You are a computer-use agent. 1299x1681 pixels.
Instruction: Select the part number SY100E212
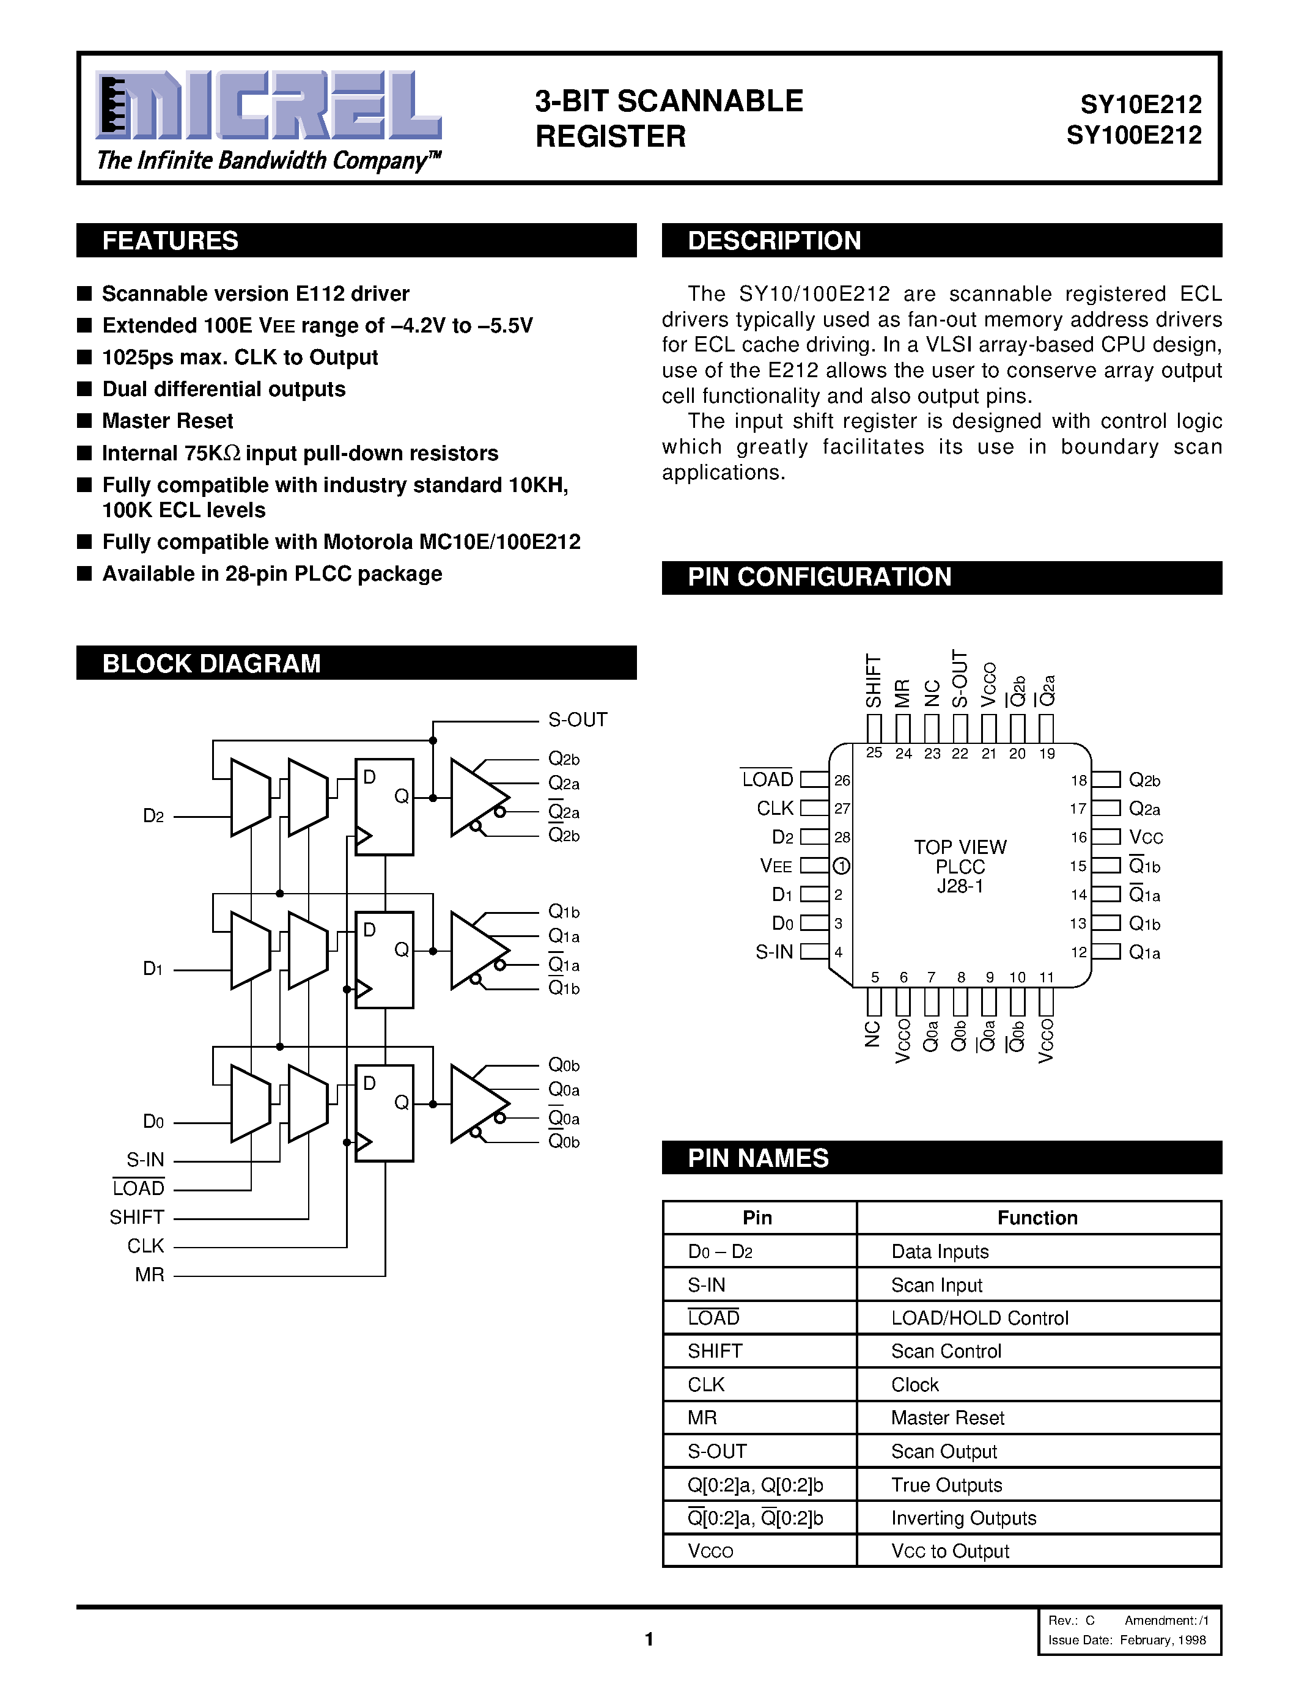1133,136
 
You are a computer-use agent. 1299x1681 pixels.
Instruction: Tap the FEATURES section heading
170,241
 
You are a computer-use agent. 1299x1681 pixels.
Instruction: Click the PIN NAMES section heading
758,1158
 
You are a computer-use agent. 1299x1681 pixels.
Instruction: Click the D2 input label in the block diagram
153,816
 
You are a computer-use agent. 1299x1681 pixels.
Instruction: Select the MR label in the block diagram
149,1275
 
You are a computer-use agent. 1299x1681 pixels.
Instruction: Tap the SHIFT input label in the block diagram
137,1217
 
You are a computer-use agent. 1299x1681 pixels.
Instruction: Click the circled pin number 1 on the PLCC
841,866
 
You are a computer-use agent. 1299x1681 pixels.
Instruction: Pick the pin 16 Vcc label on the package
1146,837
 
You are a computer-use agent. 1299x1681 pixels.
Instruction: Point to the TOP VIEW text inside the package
960,847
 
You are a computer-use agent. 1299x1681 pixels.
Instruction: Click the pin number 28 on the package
842,837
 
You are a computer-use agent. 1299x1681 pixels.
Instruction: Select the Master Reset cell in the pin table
948,1418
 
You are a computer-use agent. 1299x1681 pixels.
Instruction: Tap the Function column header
1037,1218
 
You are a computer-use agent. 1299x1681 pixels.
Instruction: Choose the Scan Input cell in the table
937,1285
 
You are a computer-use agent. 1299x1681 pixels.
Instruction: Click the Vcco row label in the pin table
710,1551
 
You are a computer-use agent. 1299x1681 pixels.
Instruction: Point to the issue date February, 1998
1163,1639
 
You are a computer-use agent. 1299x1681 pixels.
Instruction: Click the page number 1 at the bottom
649,1639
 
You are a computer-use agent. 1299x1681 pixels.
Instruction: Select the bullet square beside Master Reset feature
84,421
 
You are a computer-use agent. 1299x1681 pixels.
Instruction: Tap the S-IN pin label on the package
774,952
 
